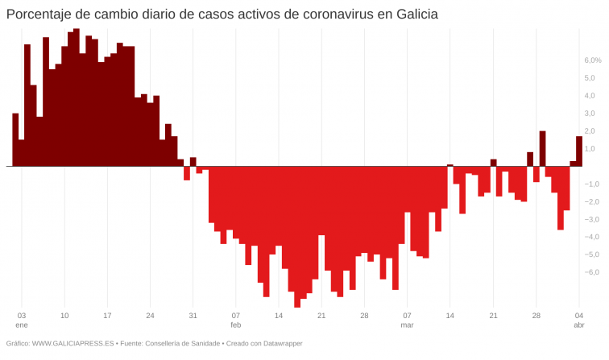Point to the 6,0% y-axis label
click(x=593, y=60)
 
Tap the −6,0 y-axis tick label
click(x=590, y=272)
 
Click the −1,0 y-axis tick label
click(x=590, y=184)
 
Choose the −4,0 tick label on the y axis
click(x=590, y=237)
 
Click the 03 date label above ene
click(x=22, y=316)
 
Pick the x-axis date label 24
click(x=150, y=316)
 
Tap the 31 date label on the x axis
click(x=193, y=316)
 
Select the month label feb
click(x=235, y=325)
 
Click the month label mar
click(x=407, y=325)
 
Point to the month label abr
click(x=578, y=325)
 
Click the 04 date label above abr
click(x=578, y=316)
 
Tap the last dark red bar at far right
click(x=579, y=151)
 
